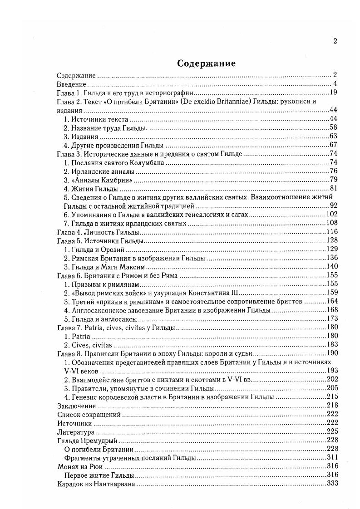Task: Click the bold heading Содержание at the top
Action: click(207, 63)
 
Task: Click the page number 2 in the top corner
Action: click(335, 41)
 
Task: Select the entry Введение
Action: click(72, 84)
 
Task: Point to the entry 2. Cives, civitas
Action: click(88, 345)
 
